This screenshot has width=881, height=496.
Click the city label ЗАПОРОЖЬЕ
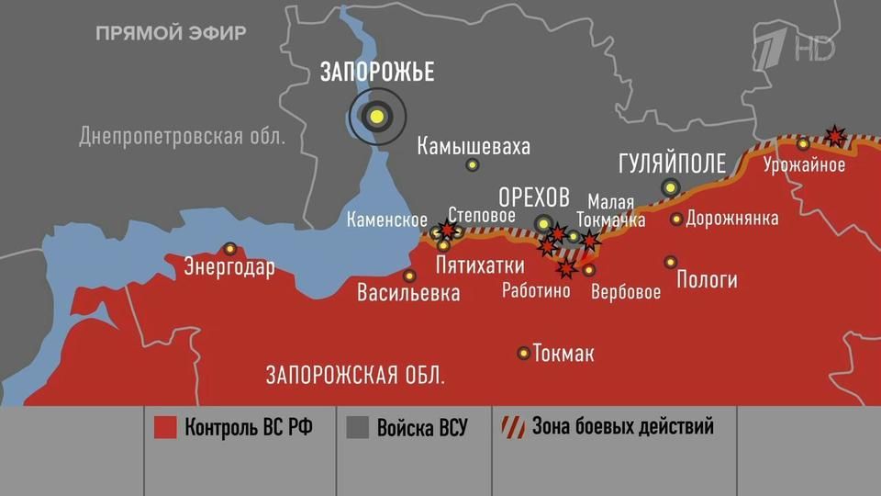pyautogui.click(x=377, y=73)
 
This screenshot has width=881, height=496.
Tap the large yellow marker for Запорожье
pyautogui.click(x=376, y=116)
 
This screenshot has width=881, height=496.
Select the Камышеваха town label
pyautogui.click(x=473, y=146)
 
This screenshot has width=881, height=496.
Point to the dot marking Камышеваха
pyautogui.click(x=473, y=165)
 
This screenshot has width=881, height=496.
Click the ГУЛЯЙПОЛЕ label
pyautogui.click(x=672, y=163)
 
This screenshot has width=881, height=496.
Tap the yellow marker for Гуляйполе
pyautogui.click(x=672, y=187)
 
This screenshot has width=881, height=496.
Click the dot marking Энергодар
pyautogui.click(x=230, y=248)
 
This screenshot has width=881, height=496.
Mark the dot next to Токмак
pyautogui.click(x=524, y=353)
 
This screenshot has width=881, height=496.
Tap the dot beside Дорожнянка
pyautogui.click(x=676, y=219)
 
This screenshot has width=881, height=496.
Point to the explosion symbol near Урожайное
pyautogui.click(x=835, y=136)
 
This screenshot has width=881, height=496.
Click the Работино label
pyautogui.click(x=537, y=291)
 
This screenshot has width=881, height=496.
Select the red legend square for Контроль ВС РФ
pyautogui.click(x=165, y=428)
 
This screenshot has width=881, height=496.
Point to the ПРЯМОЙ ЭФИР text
pyautogui.click(x=171, y=34)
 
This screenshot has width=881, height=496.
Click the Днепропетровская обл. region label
pyautogui.click(x=183, y=137)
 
